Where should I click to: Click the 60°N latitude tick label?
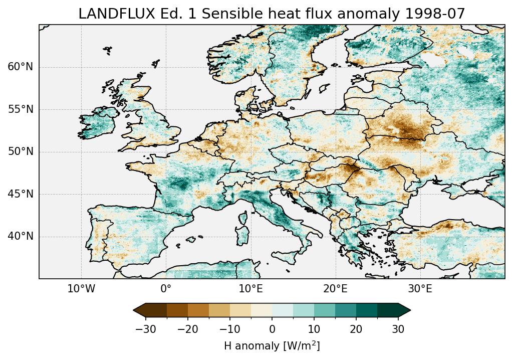(21, 67)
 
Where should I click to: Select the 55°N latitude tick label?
(21, 109)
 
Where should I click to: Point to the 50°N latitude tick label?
(21, 151)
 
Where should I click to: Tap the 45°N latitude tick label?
(21, 194)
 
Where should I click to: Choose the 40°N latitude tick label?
(21, 236)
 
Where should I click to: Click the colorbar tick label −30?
(145, 329)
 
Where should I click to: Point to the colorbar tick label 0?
(272, 329)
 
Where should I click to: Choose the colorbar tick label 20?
(356, 329)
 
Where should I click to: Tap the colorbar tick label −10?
(229, 329)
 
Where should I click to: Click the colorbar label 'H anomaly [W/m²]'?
(272, 346)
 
